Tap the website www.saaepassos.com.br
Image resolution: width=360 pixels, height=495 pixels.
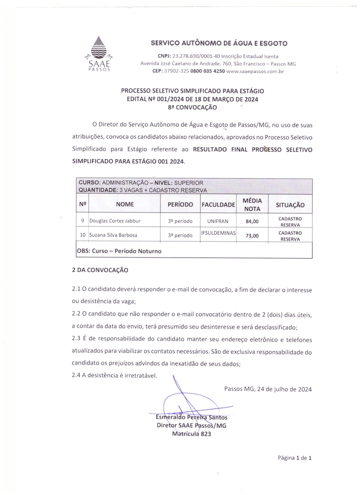click(255, 71)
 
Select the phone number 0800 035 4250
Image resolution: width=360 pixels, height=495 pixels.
click(207, 71)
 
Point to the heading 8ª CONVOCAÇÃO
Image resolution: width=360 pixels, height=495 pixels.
click(192, 107)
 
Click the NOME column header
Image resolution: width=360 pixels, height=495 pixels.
click(125, 204)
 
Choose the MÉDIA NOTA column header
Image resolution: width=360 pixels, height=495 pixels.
click(252, 204)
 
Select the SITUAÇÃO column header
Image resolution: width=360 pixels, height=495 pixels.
click(290, 205)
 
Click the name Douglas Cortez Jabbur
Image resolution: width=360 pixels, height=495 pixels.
click(115, 221)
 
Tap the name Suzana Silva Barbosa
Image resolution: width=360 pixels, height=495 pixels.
click(113, 235)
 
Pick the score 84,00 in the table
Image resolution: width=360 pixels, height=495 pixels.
click(252, 222)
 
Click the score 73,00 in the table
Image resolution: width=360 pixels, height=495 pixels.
click(252, 236)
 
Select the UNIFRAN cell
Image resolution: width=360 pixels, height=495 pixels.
click(218, 221)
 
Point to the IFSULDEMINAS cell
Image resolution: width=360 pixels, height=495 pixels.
click(218, 233)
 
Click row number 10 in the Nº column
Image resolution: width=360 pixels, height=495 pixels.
click(83, 235)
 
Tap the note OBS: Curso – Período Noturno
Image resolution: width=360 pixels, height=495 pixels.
click(119, 251)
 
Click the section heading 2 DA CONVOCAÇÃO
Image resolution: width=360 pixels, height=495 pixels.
click(100, 270)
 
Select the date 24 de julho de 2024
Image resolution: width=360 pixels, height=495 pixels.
click(284, 389)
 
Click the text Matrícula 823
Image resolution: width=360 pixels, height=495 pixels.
click(192, 434)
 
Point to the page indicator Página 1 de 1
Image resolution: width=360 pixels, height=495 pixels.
click(294, 458)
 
